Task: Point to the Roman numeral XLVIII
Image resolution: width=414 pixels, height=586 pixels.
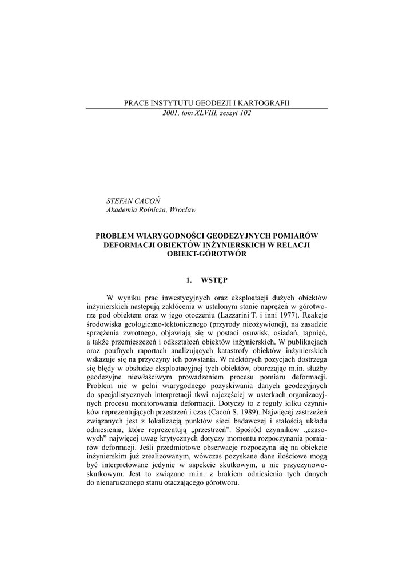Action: pos(205,113)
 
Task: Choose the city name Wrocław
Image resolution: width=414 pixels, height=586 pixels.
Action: pos(182,210)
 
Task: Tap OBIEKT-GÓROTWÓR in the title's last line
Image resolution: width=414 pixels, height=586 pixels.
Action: pos(206,254)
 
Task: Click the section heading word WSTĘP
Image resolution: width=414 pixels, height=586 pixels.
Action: pos(214,280)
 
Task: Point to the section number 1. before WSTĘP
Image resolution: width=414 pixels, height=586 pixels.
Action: pos(189,280)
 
